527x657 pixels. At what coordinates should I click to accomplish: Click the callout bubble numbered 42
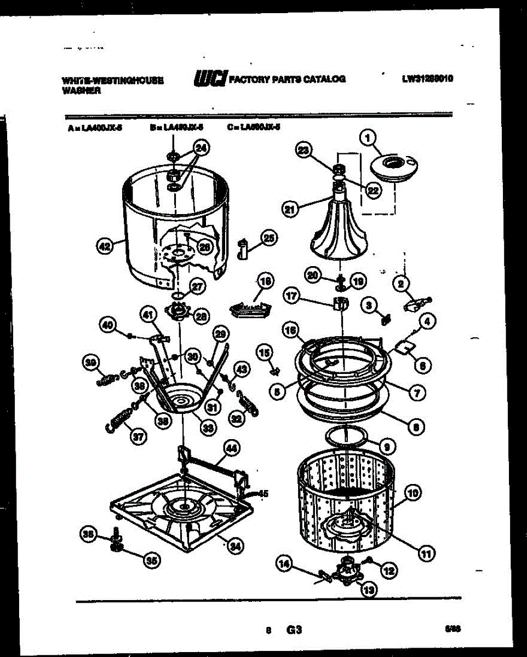[103, 247]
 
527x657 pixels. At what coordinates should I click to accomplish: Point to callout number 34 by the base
[234, 545]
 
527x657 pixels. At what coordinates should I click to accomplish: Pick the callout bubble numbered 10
[413, 494]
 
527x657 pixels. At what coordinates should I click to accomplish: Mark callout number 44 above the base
[232, 449]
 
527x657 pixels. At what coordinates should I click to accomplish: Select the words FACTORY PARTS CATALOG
[287, 79]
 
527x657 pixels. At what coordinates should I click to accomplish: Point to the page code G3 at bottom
[295, 630]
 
